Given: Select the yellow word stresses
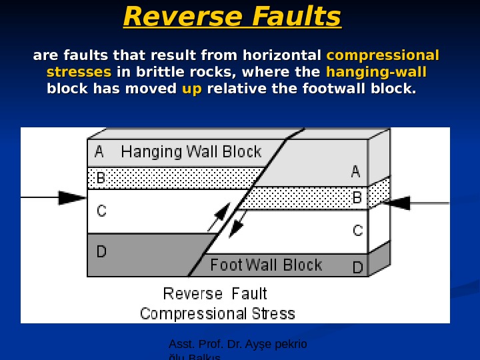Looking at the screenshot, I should coord(79,72).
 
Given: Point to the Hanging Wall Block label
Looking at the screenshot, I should coord(191,151).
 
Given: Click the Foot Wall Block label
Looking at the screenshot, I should coord(266,265).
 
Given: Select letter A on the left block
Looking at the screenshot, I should coord(99,151).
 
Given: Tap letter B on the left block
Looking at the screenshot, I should coord(101,178).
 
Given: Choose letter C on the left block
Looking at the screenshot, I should coord(101,211).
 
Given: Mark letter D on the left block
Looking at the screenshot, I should coord(101,252).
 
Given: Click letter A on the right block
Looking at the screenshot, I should coord(356,172).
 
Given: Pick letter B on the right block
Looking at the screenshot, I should coord(357,198).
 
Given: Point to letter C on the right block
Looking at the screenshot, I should coord(358,231).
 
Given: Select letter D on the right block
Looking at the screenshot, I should coord(358,268).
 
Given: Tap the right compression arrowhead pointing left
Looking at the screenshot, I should coord(398,203).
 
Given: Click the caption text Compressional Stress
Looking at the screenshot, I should coord(217,313).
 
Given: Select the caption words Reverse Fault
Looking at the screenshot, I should coord(215,294).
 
